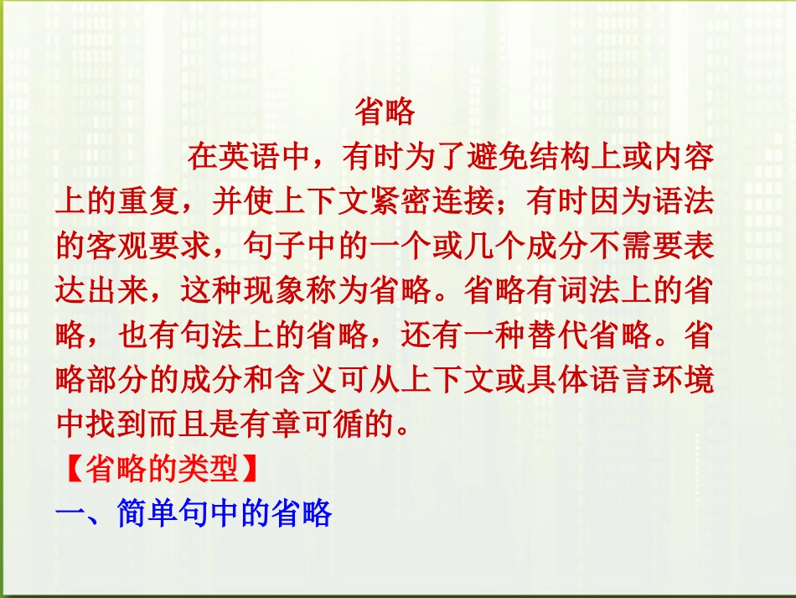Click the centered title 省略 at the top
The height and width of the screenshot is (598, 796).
click(x=385, y=112)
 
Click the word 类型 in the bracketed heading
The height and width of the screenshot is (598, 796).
click(x=212, y=470)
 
